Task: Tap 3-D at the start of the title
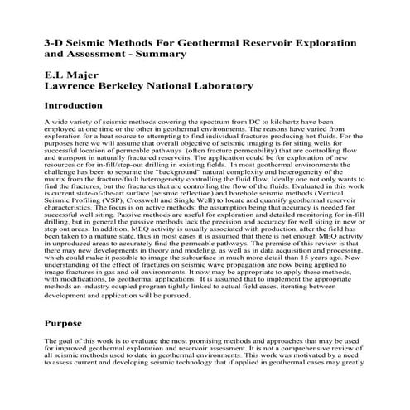pos(54,40)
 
